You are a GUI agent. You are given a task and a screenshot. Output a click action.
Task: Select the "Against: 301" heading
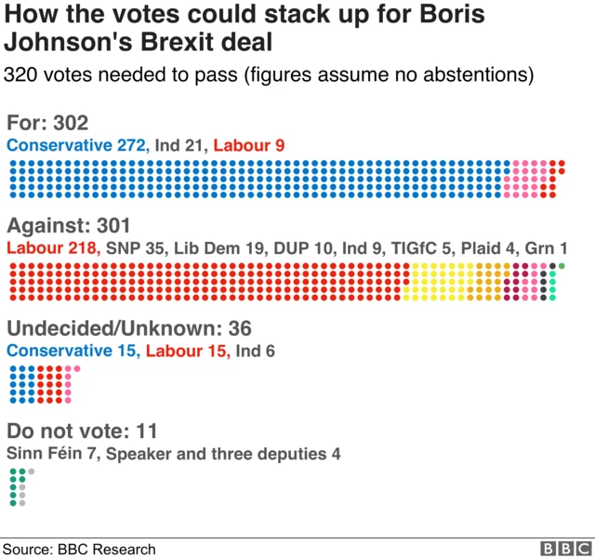pos(69,226)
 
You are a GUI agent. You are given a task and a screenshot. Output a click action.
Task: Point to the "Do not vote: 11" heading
pos(81,432)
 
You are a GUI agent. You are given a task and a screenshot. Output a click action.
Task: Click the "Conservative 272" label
pos(76,145)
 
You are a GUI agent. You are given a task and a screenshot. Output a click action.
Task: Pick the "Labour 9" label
pos(249,145)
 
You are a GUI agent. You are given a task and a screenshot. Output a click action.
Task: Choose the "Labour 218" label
pos(53,248)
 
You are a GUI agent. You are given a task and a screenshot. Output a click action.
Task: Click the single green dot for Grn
pos(562,267)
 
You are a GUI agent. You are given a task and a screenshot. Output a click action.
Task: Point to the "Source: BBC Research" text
pos(80,549)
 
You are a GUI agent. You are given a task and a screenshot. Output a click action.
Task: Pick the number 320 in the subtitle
pos(22,74)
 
